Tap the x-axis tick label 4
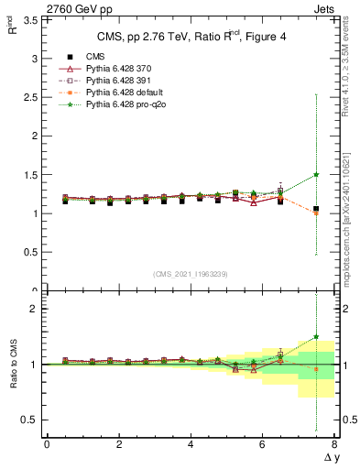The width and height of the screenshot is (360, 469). [191, 443]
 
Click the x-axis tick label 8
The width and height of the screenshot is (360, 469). [334, 443]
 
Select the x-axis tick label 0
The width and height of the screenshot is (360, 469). [47, 443]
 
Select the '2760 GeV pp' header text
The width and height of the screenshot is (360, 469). [74, 8]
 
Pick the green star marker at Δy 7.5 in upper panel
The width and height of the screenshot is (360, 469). [316, 174]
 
